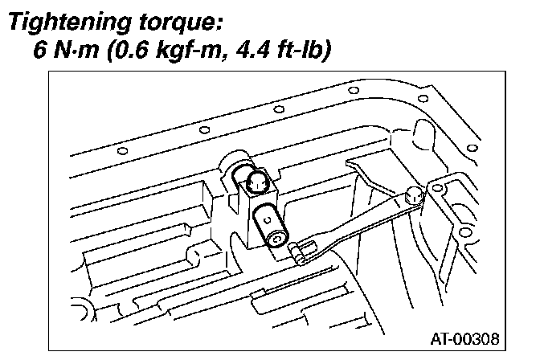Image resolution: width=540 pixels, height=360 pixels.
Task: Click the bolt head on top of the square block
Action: pyautogui.click(x=257, y=182)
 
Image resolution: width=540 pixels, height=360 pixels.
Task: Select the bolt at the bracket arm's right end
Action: pyautogui.click(x=415, y=195)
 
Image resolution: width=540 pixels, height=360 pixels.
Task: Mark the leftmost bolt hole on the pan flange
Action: pyautogui.click(x=121, y=150)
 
